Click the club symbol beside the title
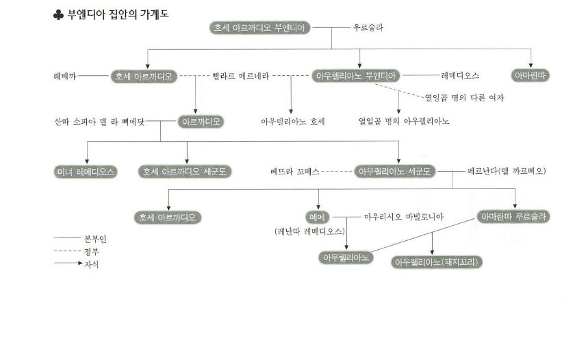[58, 15]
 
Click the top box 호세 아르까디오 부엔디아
[260, 28]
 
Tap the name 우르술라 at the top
[368, 28]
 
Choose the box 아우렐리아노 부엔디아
[357, 76]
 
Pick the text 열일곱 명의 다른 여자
[464, 98]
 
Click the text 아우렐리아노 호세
[292, 122]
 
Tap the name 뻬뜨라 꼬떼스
[295, 171]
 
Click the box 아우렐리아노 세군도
[395, 172]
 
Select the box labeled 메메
[317, 217]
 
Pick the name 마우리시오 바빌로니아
[403, 217]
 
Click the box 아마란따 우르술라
[515, 217]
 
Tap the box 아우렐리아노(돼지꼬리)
[437, 262]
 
